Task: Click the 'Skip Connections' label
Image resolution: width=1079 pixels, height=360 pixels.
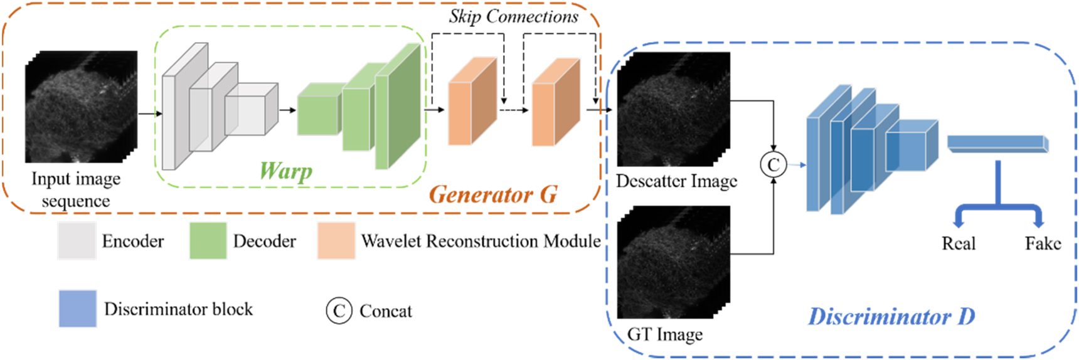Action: [x=513, y=17]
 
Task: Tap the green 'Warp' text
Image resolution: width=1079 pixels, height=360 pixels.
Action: [x=286, y=170]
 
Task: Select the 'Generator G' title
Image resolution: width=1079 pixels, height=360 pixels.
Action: [x=493, y=194]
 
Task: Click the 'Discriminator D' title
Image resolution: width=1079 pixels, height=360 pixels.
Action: [x=891, y=316]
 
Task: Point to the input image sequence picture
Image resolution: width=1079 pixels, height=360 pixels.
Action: [x=80, y=107]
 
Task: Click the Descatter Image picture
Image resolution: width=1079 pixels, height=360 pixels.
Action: [x=673, y=109]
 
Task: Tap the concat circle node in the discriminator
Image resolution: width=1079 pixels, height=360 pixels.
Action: [x=773, y=165]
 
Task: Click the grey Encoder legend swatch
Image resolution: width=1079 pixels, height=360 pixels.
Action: [x=77, y=241]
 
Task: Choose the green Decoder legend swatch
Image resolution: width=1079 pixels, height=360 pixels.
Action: [x=208, y=241]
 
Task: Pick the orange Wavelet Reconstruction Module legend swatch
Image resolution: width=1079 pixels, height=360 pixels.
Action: [x=336, y=241]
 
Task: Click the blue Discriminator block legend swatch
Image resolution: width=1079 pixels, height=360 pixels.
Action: [x=78, y=309]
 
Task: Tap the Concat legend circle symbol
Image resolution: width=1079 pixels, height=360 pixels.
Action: [x=339, y=310]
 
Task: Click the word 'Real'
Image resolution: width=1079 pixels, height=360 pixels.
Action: [x=958, y=243]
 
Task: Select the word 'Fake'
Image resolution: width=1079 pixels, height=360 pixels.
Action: [x=1043, y=243]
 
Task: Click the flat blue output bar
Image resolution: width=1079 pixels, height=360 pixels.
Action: [x=997, y=144]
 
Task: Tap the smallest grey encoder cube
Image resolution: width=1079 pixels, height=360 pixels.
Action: [x=251, y=110]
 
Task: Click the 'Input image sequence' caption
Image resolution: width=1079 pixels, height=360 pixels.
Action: [x=76, y=189]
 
